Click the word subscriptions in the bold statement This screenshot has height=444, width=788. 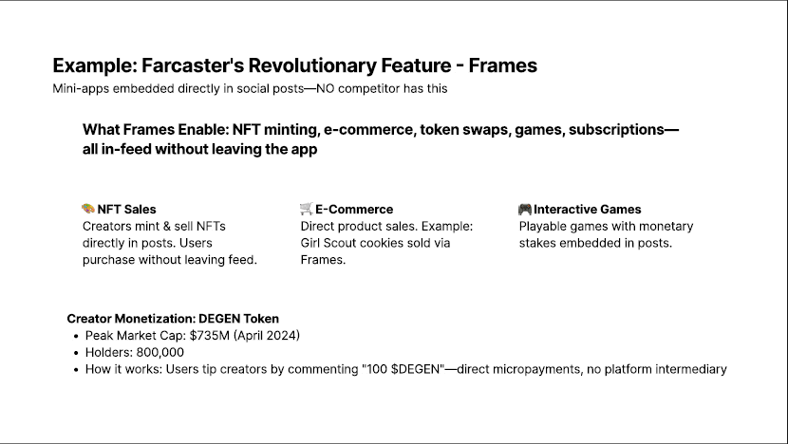616,130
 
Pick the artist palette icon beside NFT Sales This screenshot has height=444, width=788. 88,209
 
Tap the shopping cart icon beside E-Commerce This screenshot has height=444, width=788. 306,209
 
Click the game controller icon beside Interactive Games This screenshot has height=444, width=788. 525,209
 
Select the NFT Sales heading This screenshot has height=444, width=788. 126,210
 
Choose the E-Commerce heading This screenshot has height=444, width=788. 354,210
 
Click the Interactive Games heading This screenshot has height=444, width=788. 588,210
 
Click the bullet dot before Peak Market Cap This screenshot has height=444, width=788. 76,337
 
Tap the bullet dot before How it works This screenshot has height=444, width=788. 76,370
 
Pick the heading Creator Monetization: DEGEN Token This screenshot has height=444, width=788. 173,319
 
